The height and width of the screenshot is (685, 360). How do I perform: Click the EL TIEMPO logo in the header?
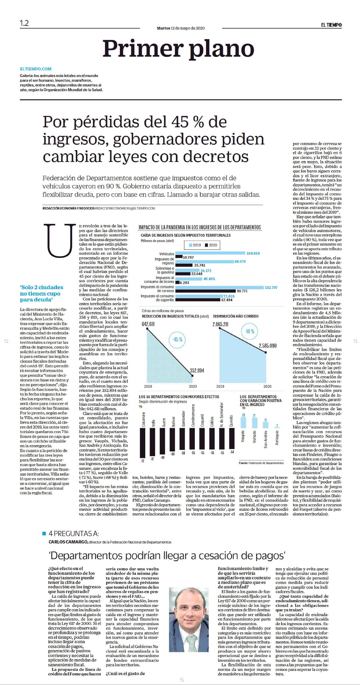coord(331,25)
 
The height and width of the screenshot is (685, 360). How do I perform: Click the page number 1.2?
coord(24,23)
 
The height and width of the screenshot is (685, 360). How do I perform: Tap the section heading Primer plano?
coord(179,48)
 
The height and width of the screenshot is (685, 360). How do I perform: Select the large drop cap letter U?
coord(60,241)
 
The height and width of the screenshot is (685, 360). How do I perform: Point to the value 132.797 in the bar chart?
coord(271,287)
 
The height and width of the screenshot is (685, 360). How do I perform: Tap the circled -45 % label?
coord(177,339)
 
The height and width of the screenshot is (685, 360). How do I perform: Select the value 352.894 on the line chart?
coord(197,370)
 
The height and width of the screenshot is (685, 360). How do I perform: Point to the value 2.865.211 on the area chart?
coord(220,324)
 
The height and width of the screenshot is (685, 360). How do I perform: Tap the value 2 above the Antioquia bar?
coord(277,425)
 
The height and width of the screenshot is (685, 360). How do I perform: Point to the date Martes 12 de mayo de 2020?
coord(180,28)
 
